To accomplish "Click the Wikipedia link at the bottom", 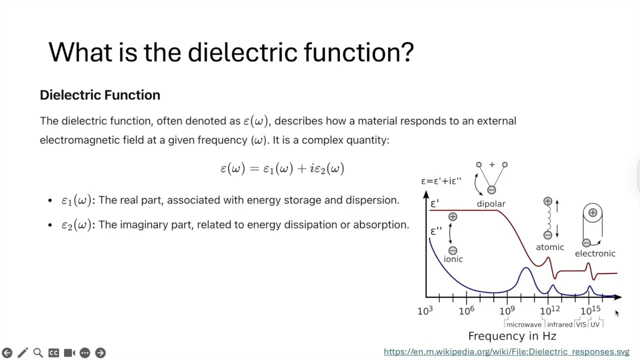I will coord(506,352).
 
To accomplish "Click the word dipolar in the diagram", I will coord(491,204).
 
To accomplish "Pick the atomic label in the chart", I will coord(550,247).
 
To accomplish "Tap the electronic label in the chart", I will coord(595,253).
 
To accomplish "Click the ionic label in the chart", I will coord(453,259).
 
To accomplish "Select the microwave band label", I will coord(523,324).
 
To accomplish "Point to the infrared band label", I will coord(559,324).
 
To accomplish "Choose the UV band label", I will coord(594,324).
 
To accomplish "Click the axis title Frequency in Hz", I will coord(512,336).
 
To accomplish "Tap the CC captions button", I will coord(53,353).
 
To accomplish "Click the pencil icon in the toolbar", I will coord(22,353).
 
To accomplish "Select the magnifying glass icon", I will coord(38,353).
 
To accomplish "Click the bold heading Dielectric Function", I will coord(100,95).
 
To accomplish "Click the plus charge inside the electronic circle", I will coord(592,213).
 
